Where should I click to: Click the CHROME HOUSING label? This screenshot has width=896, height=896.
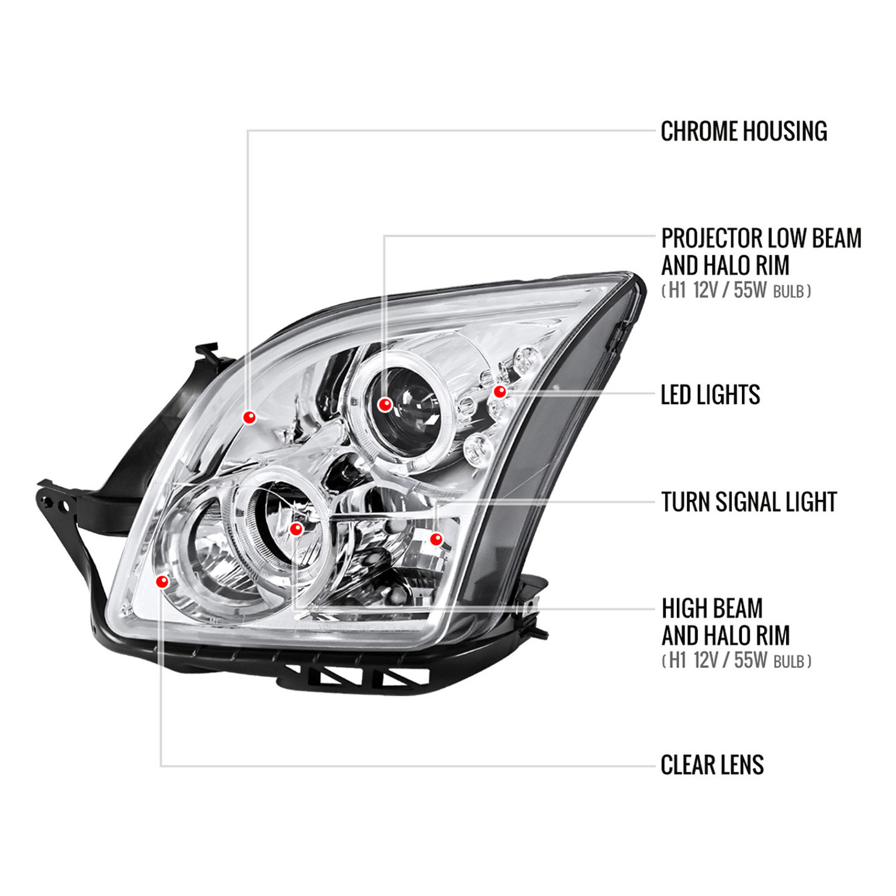point(744,131)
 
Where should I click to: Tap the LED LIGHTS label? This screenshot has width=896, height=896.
point(710,395)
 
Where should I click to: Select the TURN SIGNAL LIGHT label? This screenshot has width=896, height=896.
point(749,502)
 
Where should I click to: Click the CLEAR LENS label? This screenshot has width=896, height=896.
point(712,765)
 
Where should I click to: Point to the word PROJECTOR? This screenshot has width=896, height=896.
point(711,238)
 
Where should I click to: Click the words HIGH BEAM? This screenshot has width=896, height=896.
point(712,609)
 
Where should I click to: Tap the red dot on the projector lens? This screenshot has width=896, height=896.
point(385,405)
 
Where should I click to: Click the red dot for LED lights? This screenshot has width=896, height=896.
point(499,392)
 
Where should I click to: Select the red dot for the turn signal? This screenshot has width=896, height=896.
point(437,539)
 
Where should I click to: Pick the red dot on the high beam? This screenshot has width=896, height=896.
point(296,529)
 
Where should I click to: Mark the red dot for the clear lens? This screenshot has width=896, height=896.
point(162,581)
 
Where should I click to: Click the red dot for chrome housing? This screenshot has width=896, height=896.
point(249,417)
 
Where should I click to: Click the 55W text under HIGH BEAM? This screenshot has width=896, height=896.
point(750,661)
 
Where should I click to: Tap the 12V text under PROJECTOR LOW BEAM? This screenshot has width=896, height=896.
point(705,291)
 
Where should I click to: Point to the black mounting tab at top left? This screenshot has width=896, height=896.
point(207,352)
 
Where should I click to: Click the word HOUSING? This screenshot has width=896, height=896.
point(786,131)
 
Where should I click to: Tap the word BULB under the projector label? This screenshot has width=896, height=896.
point(788,292)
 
